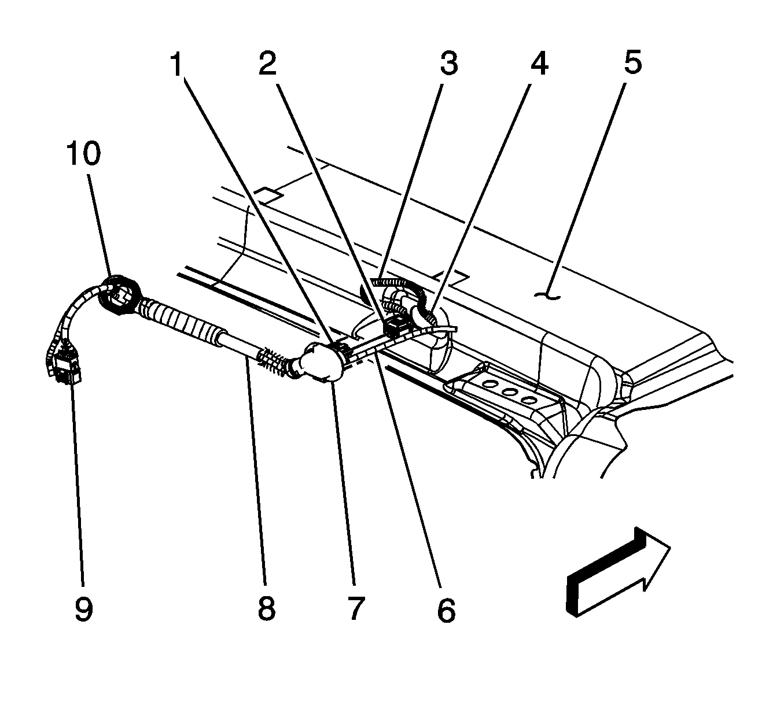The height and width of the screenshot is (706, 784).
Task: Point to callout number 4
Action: point(539,64)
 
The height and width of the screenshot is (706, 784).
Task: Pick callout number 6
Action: point(446,609)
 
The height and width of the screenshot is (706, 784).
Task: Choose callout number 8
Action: point(266,608)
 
